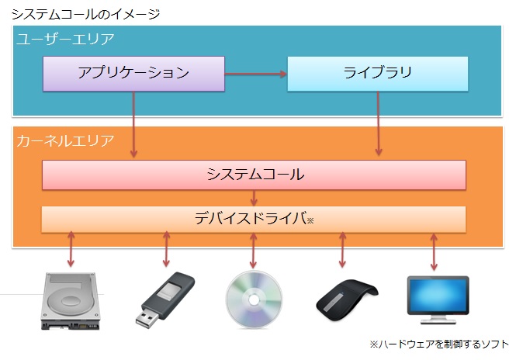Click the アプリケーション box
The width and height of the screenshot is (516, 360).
coord(133,73)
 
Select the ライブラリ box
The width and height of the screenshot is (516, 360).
coord(377,73)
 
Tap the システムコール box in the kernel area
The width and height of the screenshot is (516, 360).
coord(254,175)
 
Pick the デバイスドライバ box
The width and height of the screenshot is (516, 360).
coord(254,219)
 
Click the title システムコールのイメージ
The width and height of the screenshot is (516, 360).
coord(85,14)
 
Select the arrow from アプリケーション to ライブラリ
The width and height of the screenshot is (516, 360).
coord(255,74)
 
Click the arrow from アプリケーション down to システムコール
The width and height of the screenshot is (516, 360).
coord(134,124)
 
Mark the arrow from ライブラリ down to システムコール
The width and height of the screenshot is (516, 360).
coord(378,124)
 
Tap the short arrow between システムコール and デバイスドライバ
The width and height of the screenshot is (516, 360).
coord(255,198)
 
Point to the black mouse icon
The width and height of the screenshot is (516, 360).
coord(345,299)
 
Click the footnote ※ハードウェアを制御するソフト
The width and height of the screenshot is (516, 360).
coord(439,343)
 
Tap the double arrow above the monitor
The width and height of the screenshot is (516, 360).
coord(435,249)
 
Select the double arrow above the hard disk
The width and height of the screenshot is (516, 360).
coord(71,249)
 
